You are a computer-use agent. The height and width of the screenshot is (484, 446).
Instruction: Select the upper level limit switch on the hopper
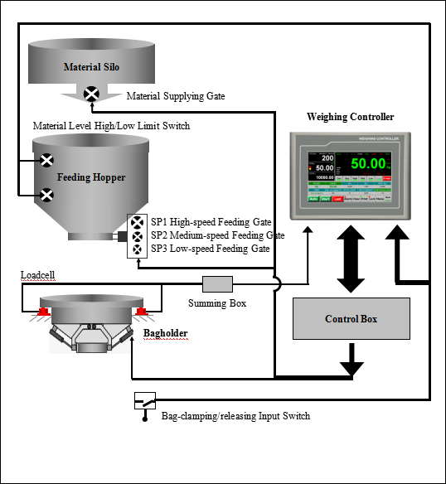click(x=47, y=161)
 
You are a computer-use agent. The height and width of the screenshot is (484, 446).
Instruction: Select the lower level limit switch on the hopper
click(x=47, y=196)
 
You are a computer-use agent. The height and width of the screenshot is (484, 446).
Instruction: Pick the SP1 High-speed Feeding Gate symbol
click(x=137, y=223)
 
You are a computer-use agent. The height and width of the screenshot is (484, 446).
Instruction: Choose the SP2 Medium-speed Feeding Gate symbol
click(x=137, y=235)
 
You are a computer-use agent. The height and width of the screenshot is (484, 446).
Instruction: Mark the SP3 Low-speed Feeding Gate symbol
click(x=137, y=248)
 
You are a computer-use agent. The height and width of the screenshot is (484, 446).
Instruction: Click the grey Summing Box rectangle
click(x=219, y=284)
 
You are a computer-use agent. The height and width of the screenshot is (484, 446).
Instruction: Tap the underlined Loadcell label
click(x=40, y=274)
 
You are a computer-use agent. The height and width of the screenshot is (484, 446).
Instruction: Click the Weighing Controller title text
click(x=350, y=117)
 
